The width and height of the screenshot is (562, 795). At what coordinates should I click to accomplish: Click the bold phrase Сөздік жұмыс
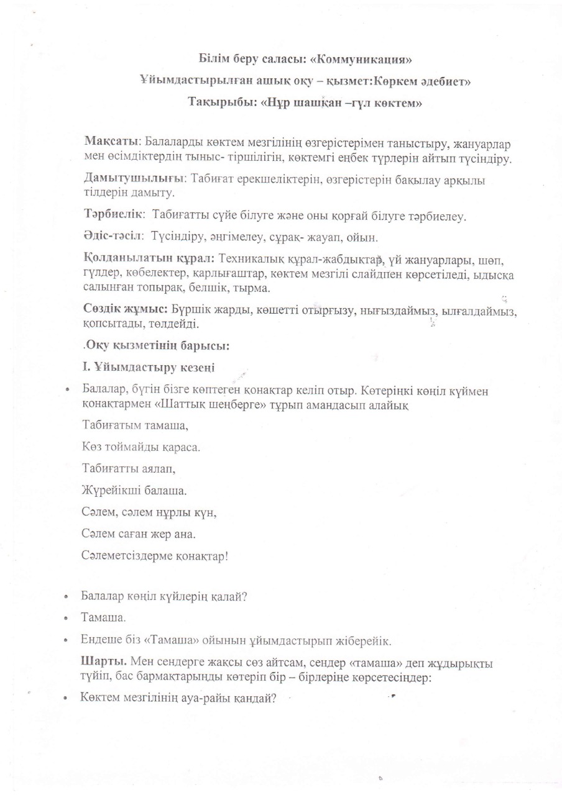(125, 309)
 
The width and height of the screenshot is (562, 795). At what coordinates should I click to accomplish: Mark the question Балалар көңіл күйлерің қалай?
(165, 597)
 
